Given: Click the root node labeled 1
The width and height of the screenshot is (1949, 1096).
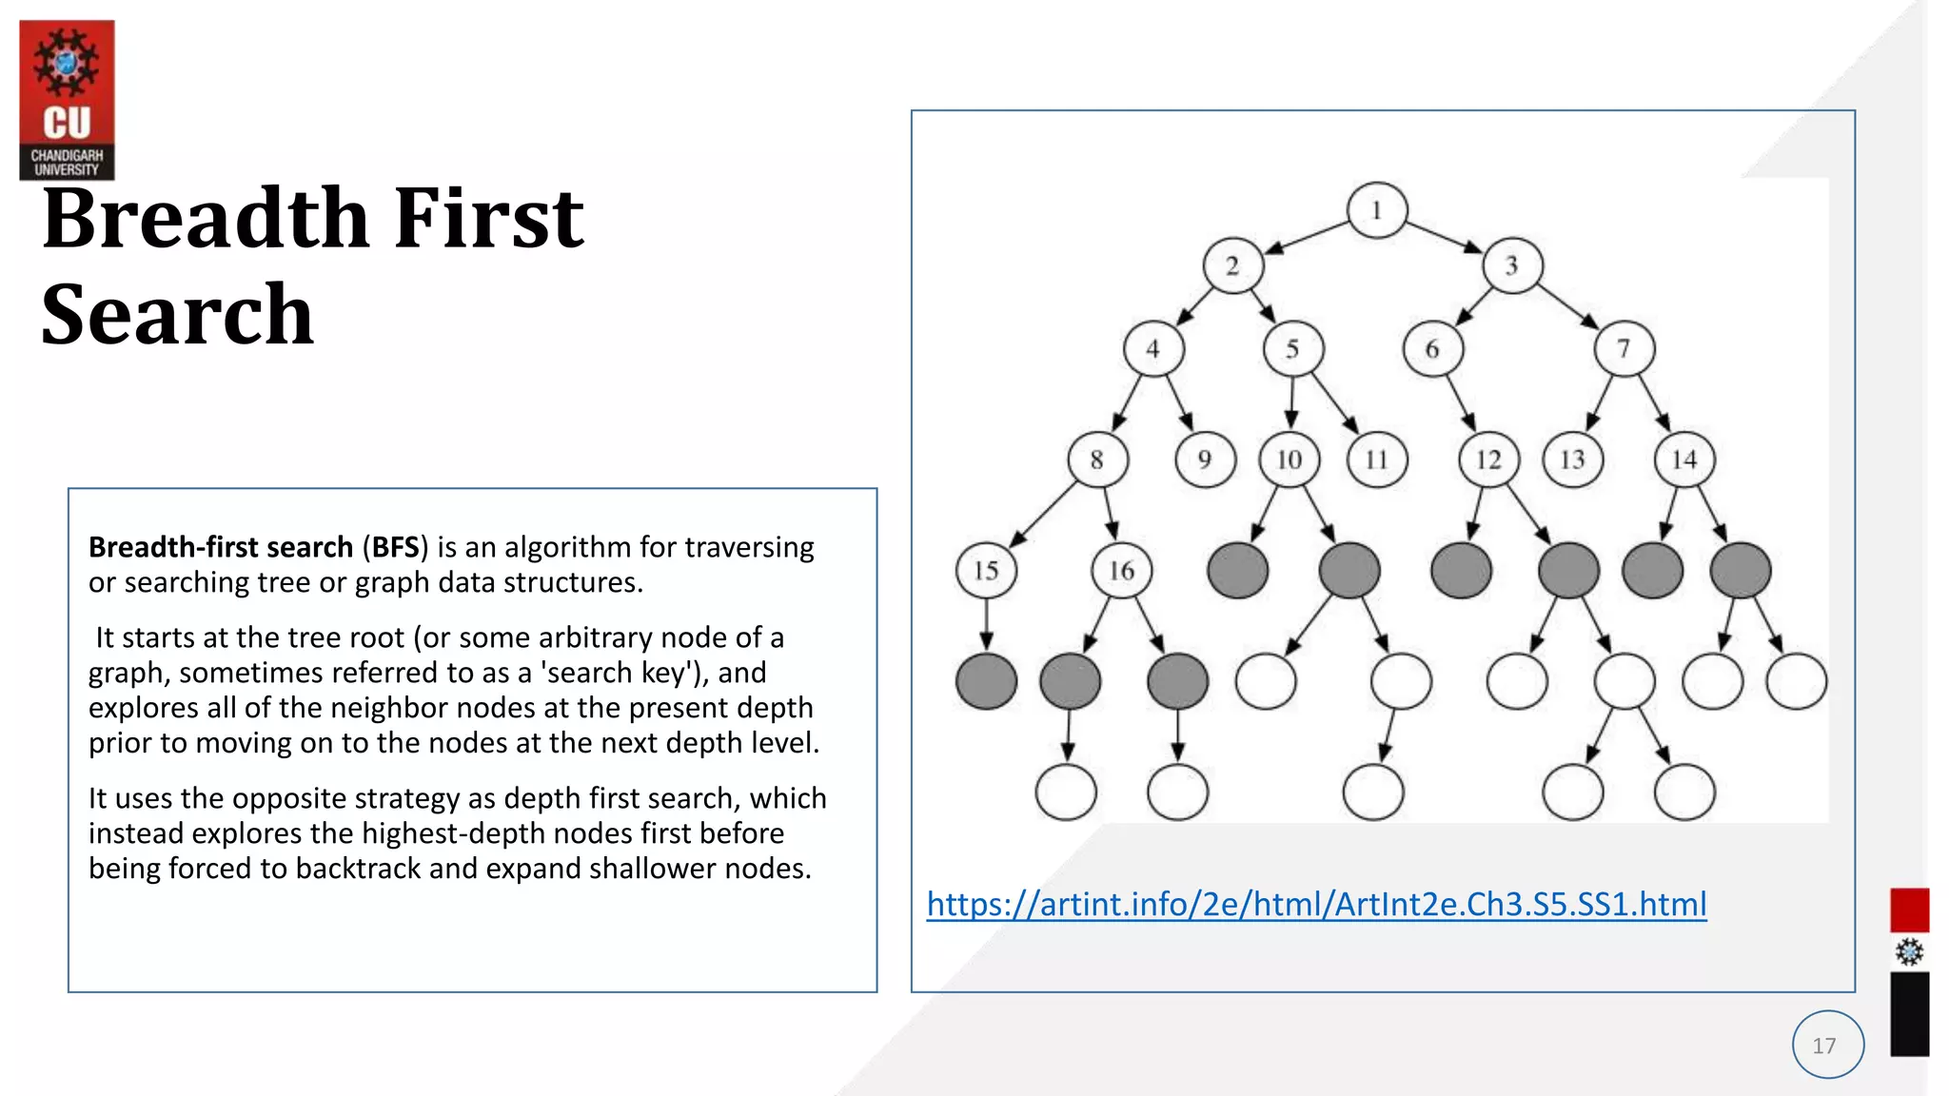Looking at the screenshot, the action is click(1376, 210).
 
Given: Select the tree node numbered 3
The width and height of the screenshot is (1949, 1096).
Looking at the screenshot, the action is click(1511, 265).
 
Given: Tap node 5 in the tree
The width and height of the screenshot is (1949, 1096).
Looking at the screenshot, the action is click(1292, 349).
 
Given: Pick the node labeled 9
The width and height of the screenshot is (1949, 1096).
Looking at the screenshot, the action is click(1205, 460).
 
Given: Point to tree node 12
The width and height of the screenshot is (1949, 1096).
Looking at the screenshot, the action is click(1488, 460).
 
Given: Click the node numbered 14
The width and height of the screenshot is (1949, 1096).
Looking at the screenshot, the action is click(1683, 460).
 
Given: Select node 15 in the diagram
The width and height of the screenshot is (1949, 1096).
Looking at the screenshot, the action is click(986, 571).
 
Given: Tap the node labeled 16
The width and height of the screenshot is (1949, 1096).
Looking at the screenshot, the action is click(1121, 571).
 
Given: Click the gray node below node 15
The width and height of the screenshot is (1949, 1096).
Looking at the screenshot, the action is click(986, 681).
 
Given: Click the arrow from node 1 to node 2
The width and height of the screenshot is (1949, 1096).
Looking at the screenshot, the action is click(1307, 238).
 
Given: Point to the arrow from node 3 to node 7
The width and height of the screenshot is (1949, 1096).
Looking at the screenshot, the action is click(1567, 306).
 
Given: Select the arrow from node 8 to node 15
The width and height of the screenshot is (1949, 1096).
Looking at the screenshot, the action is click(1042, 516).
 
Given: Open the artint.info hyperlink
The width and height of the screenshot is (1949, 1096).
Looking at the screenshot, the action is click(1316, 904).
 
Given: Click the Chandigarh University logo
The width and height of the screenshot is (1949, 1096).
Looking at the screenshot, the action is click(67, 100).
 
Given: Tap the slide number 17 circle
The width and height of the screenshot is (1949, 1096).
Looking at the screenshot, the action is click(1827, 1045).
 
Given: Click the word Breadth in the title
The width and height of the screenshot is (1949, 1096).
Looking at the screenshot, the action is click(205, 219).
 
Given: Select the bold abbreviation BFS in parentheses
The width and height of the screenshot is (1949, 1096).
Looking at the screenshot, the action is click(395, 548).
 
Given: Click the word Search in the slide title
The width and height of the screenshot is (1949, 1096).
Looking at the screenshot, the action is click(178, 315).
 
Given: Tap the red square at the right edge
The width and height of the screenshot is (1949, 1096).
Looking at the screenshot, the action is click(1909, 910).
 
